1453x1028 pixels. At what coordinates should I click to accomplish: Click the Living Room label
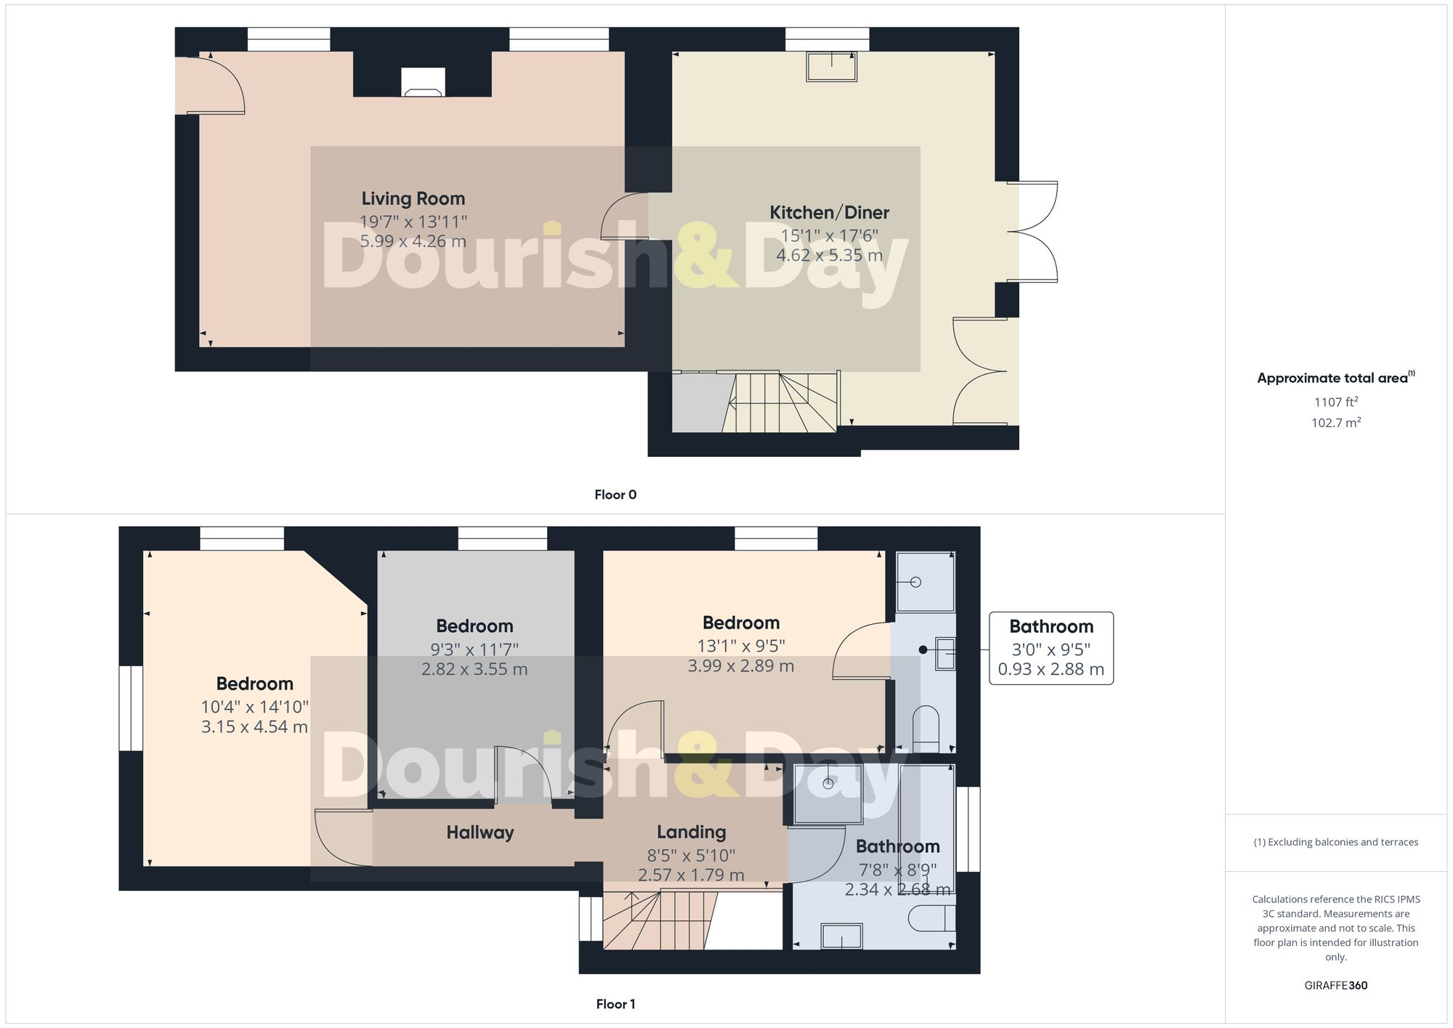(413, 198)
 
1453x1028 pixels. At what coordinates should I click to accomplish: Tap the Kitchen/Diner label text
(829, 213)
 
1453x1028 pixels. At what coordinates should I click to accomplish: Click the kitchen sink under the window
(831, 67)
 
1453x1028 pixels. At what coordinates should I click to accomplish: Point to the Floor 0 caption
(615, 495)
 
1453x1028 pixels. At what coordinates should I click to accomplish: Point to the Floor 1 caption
(615, 1004)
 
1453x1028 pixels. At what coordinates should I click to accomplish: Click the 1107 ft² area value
(1335, 402)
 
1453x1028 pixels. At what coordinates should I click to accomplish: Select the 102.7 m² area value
(1335, 422)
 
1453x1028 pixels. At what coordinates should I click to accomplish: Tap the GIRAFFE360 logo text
(1335, 985)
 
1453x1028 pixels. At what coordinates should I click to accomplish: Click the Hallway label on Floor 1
(479, 833)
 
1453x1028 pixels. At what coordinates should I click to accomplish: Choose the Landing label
(691, 833)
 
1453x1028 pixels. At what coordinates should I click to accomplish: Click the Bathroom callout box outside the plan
(1051, 648)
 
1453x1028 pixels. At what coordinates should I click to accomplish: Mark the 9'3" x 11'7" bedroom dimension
(474, 649)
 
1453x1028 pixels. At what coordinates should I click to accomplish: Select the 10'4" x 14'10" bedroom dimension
(254, 706)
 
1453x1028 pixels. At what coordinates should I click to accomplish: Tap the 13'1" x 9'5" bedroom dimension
(740, 645)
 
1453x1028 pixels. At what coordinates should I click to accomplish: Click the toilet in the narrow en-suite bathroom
(925, 729)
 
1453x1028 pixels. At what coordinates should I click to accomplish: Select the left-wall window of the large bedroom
(131, 708)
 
